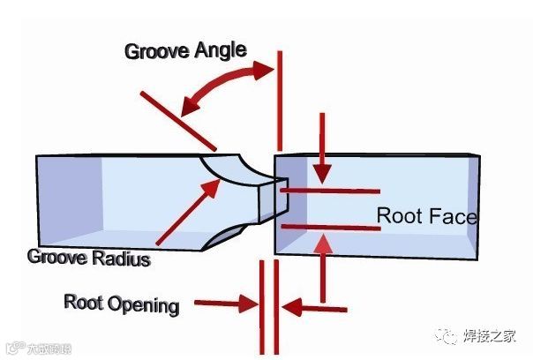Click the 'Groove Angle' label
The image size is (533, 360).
coord(184,49)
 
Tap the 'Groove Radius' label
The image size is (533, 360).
coord(88,259)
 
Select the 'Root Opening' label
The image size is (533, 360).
coord(121,304)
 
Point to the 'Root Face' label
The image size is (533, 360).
coord(427,215)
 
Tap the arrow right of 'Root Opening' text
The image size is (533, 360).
coord(221,305)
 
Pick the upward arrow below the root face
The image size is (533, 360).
coord(324,265)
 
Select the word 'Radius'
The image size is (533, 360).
coord(121,259)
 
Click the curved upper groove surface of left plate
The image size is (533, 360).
coord(231,168)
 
